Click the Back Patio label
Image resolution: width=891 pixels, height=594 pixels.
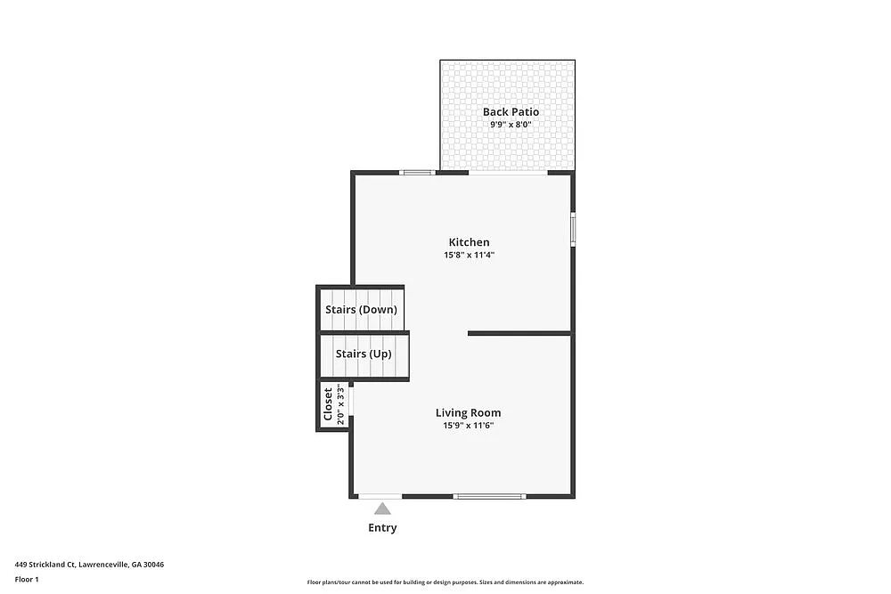pos(511,112)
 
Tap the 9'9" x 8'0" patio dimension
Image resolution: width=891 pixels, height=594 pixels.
pos(511,125)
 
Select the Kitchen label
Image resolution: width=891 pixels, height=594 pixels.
pos(469,242)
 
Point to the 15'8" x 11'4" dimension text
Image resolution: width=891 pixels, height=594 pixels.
pos(469,255)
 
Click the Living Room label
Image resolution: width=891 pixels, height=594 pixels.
pos(468,413)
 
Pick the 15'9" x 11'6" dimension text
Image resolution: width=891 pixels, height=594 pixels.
pos(468,426)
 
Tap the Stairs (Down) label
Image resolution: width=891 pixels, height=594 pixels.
pos(360,310)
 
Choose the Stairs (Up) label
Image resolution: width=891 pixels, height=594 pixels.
pos(363,354)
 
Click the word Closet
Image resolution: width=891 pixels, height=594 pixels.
pos(328,403)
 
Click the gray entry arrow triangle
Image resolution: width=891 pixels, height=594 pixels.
pos(382,509)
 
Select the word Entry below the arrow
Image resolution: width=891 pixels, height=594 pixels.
pos(382,528)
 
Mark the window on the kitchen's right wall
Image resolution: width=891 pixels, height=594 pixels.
pos(573,228)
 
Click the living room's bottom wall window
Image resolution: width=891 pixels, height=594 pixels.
pos(489,496)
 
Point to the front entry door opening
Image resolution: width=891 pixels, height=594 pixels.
pos(380,496)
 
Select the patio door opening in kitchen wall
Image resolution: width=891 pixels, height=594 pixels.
pos(508,173)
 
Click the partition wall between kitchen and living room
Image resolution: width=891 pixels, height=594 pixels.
pos(519,333)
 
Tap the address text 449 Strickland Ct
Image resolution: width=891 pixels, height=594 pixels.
pos(89,565)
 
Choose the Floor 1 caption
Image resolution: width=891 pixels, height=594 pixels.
pos(27,579)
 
